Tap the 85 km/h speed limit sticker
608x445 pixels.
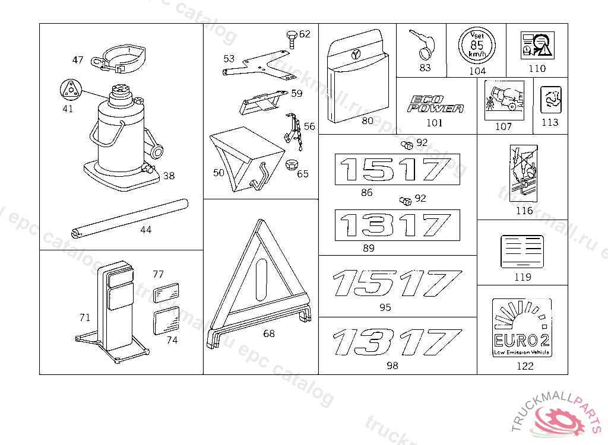[x=476, y=45]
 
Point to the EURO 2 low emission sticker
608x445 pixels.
[x=522, y=328]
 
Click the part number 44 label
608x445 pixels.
[x=145, y=230]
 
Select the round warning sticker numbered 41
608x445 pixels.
[x=69, y=90]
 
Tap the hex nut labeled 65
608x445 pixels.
[x=292, y=164]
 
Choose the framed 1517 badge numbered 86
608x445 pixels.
[x=397, y=170]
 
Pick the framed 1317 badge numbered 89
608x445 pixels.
[x=397, y=225]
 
